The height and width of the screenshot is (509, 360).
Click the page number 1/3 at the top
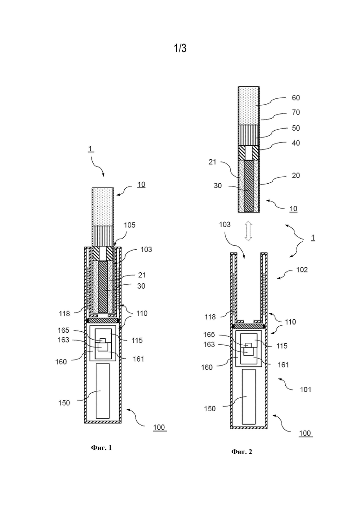coord(180,48)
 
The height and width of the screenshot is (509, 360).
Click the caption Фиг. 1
coord(101,448)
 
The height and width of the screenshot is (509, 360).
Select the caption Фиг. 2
coord(241,451)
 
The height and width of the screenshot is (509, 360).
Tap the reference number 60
coord(296,98)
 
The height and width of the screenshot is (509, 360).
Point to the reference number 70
coord(296,112)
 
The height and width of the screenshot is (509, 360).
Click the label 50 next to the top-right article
coord(296,128)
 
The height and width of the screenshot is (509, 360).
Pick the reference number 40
coord(296,143)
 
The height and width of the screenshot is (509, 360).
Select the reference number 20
coord(296,175)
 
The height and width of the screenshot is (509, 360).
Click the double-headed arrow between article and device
coord(248,231)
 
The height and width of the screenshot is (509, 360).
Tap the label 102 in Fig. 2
coord(302,270)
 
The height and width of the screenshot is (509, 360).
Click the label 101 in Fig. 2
coord(306,389)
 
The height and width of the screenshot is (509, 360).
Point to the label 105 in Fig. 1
coord(130,225)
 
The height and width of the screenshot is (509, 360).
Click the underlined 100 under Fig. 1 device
coord(159,427)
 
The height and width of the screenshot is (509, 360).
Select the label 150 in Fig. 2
coord(210,409)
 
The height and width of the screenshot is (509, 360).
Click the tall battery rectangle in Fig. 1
coord(103,391)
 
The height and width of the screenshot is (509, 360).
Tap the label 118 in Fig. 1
coord(64,314)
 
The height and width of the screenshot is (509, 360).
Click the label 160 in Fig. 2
coord(207,367)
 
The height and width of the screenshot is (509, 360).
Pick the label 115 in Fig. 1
coord(137,340)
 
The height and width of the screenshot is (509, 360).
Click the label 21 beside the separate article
coord(212,162)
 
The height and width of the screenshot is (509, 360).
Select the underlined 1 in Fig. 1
coord(91,149)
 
